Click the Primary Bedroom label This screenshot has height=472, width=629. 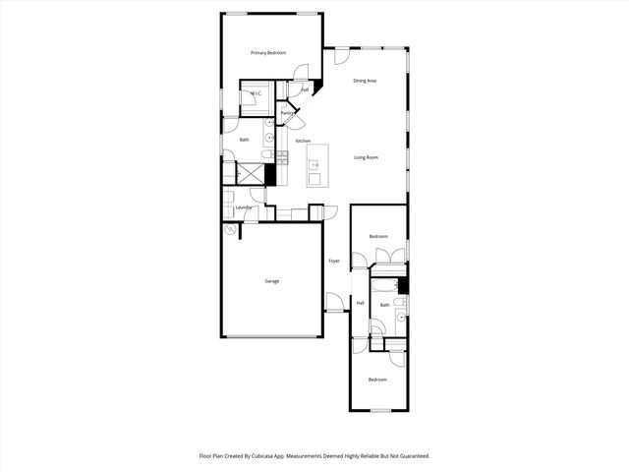[x=267, y=52]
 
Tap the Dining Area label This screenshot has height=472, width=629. [x=366, y=81]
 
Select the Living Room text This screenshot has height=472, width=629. [x=367, y=157]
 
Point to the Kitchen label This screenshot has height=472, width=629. [x=304, y=141]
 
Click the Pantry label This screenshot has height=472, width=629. [x=287, y=113]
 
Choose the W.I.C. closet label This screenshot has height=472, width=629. [x=255, y=94]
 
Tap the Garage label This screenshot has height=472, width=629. [x=271, y=281]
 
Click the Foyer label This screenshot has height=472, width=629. [x=334, y=261]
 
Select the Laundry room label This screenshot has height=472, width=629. [x=244, y=207]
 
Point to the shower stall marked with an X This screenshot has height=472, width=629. [x=252, y=173]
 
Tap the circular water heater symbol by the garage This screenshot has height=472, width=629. [x=232, y=231]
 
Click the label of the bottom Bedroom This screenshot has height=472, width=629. [x=377, y=380]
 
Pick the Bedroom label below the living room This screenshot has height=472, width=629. [x=378, y=237]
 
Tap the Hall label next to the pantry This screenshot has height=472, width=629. [x=306, y=90]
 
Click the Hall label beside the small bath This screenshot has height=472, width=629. [x=361, y=303]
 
